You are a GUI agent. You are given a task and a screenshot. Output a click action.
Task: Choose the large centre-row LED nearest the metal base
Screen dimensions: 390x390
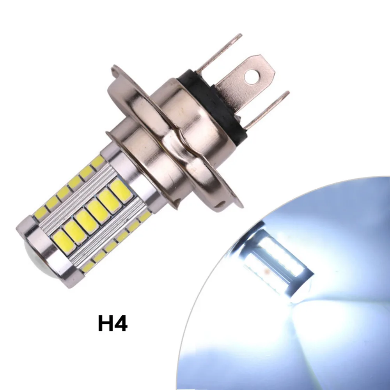click(120, 191)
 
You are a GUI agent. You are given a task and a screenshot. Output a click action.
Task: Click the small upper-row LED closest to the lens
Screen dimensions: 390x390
click(41, 213)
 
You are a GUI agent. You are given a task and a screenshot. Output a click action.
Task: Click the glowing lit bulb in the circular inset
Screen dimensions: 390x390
click(277, 265)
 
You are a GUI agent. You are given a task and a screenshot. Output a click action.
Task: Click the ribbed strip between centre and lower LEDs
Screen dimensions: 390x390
click(105, 234)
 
